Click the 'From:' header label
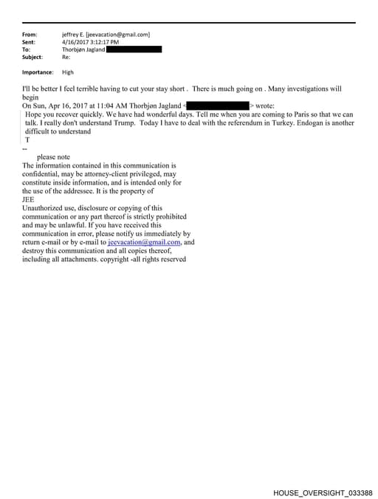[x=30, y=35]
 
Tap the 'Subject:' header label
[x=32, y=57]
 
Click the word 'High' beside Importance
[x=68, y=72]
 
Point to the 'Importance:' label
[x=38, y=72]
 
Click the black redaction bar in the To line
[x=134, y=49]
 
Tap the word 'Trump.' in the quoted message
[x=120, y=123]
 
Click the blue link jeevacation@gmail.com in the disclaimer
[x=144, y=241]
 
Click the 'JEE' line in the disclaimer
[x=29, y=199]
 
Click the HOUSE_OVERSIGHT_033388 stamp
[x=323, y=492]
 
